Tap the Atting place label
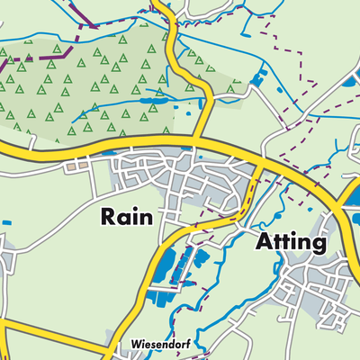point(291,241)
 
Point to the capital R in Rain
point(108,217)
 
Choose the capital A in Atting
point(264,241)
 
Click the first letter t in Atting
point(278,241)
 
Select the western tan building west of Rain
point(70,165)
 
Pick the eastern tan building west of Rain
point(83,165)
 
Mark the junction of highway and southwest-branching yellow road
point(260,166)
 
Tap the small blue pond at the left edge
point(6,222)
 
